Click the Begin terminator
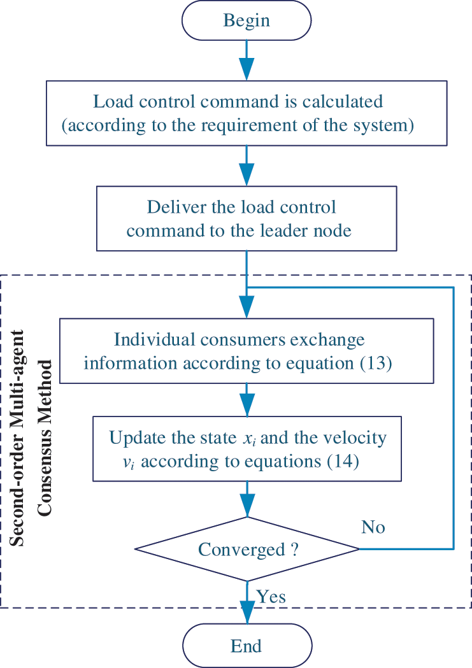coord(247,21)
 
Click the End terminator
coord(247,646)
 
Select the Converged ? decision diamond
coord(247,549)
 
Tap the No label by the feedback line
coord(373,527)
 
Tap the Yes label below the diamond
coord(271,597)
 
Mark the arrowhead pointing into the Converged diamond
coord(247,508)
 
